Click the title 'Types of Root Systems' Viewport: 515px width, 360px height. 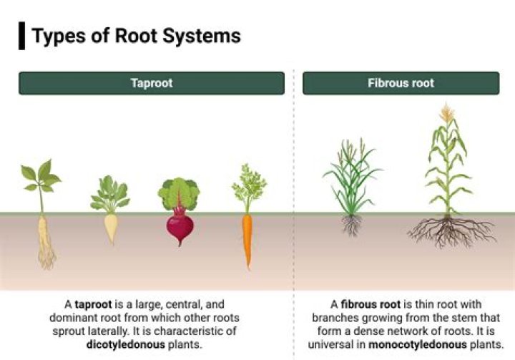(x=136, y=36)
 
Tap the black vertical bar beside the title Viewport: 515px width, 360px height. (x=21, y=36)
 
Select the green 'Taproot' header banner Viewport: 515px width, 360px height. (x=152, y=83)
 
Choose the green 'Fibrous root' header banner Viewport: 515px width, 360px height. (x=401, y=83)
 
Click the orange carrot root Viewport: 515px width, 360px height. (x=247, y=240)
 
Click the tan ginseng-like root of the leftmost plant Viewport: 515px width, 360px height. (x=46, y=240)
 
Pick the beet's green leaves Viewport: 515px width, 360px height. (x=178, y=193)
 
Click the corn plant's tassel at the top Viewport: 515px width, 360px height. (x=448, y=113)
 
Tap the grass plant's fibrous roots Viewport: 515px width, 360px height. (x=351, y=225)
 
